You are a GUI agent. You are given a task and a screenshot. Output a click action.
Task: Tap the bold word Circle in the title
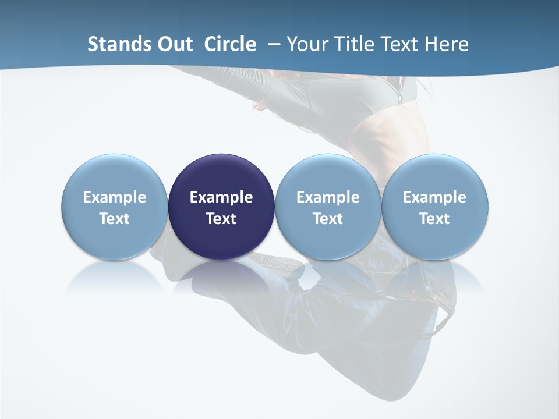pos(230,44)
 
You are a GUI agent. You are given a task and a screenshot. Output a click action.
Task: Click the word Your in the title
pos(309,44)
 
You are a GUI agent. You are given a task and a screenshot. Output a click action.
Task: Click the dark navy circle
pos(221,207)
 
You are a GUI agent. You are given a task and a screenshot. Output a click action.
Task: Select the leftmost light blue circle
pos(114,207)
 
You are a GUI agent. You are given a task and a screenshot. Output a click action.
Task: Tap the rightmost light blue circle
pos(434,207)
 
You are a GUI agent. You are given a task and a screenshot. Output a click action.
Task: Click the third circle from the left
pos(328,207)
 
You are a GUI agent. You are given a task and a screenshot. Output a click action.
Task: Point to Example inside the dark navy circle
pos(221,197)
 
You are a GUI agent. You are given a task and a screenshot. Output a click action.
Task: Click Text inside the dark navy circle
pos(221,219)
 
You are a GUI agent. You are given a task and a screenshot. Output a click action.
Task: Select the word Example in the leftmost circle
pos(114,197)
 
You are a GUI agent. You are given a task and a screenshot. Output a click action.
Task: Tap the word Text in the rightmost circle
pos(434,219)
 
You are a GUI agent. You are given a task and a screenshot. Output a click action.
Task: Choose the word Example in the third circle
pos(328,197)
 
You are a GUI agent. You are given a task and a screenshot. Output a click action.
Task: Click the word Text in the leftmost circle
pos(114,219)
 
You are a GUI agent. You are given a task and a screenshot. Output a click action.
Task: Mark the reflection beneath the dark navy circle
pos(221,276)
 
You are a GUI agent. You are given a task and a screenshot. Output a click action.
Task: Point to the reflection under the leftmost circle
pos(114,276)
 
